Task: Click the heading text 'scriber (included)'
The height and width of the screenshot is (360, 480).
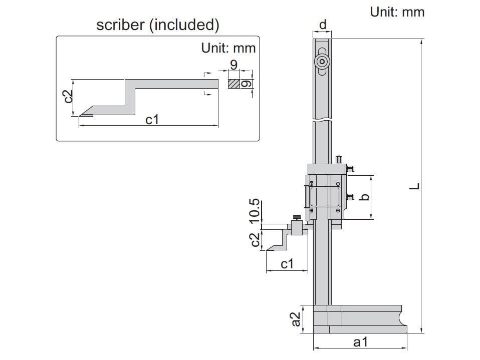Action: [x=157, y=25]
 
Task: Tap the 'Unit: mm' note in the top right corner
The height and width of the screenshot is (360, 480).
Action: [x=397, y=12]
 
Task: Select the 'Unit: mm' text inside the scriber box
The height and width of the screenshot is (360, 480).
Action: [x=228, y=48]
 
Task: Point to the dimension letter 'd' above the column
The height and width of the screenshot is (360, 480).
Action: [x=323, y=25]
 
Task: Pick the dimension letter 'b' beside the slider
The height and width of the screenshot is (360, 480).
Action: [x=365, y=197]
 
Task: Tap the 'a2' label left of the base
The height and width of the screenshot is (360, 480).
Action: [x=296, y=319]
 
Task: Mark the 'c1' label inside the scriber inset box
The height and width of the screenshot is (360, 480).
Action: [x=152, y=120]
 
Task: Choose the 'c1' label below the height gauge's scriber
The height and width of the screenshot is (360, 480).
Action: [x=287, y=264]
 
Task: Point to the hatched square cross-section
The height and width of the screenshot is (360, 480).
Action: [x=234, y=84]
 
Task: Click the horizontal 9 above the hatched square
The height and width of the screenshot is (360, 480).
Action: [x=233, y=65]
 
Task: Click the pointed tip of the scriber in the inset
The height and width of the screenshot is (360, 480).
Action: [x=80, y=116]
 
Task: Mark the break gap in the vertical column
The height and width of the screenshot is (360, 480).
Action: [x=323, y=120]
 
